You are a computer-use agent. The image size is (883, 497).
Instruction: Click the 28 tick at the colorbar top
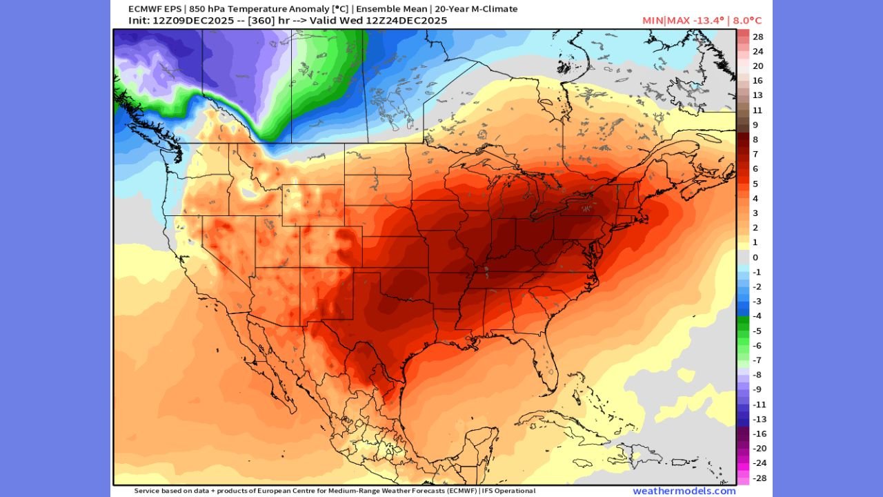tap(757, 37)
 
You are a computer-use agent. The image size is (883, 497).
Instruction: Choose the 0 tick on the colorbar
tap(755, 257)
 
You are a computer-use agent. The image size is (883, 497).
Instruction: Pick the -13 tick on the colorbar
tap(757, 419)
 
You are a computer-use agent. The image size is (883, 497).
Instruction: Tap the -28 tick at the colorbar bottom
tap(757, 478)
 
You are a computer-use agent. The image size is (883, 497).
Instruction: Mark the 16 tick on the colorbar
tap(757, 81)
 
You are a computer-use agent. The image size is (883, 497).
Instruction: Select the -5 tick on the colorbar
tap(757, 331)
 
